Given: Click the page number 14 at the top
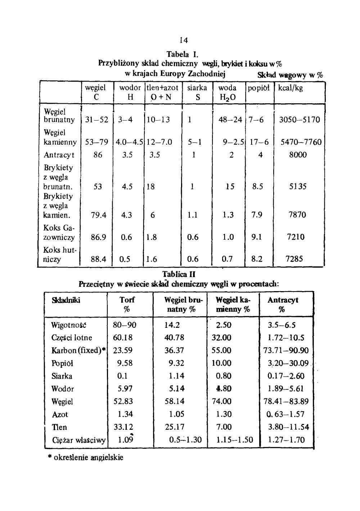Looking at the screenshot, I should point(183,40).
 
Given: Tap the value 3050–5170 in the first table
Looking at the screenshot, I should point(300,120).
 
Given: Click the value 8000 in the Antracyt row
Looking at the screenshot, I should point(298,155).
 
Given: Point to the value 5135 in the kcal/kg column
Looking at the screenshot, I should point(297,187).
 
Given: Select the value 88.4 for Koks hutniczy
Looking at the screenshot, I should point(98,259).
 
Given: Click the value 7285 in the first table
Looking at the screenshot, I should point(294,259).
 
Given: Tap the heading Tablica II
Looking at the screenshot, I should point(179,275).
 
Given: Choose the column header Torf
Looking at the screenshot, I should point(127,300).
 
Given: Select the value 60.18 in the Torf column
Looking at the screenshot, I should point(123,338).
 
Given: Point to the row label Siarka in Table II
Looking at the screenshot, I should point(62,376).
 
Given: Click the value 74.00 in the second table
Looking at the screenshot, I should point(222,402).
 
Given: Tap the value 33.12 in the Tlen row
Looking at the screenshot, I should point(123,427).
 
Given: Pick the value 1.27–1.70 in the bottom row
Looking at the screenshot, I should point(287,440).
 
